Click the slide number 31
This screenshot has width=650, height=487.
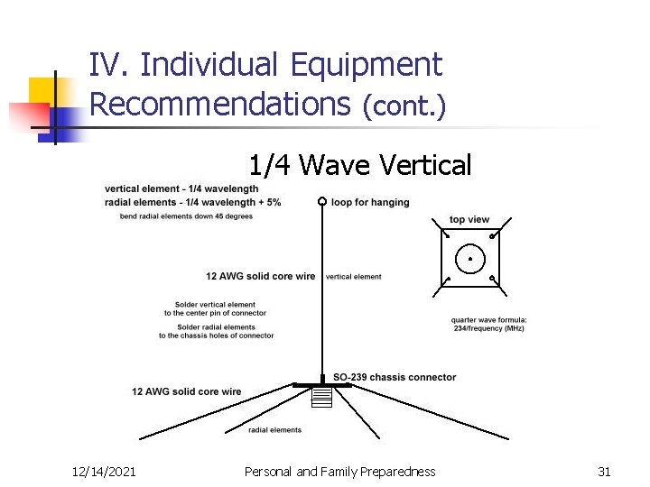[x=604, y=472]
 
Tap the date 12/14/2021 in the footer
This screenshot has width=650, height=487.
[x=105, y=472]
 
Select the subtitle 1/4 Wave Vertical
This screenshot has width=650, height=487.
[x=360, y=165]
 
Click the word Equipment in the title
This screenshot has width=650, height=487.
[x=366, y=65]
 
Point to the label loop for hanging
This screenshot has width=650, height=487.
[x=370, y=202]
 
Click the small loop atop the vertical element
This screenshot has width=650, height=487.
[x=321, y=201]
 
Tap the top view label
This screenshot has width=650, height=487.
[x=469, y=220]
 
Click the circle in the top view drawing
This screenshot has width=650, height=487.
[x=469, y=259]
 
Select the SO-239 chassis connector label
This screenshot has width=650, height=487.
[x=395, y=377]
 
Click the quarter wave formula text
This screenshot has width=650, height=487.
[x=488, y=325]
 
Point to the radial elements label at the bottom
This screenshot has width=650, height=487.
[x=275, y=430]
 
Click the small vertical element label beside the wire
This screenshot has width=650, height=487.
[x=353, y=277]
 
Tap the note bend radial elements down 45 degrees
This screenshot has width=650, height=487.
[x=186, y=216]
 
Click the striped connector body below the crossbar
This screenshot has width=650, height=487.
[x=322, y=396]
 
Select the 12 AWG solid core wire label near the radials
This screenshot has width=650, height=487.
[x=187, y=391]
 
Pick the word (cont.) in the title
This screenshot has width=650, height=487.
[x=404, y=106]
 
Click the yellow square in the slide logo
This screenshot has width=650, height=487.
[x=42, y=90]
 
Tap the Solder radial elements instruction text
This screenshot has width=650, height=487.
[x=217, y=331]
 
